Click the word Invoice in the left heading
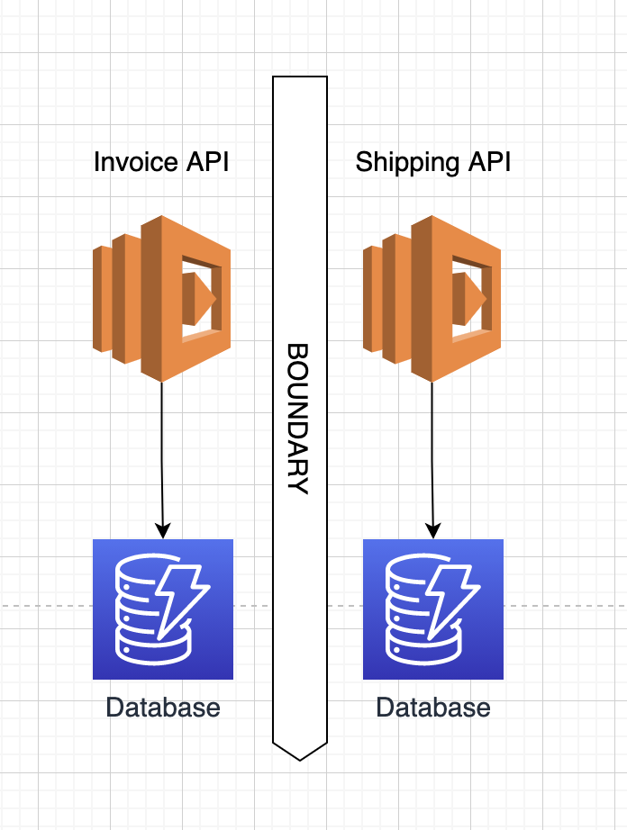point(135,162)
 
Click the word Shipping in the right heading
point(407,163)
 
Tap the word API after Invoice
point(207,162)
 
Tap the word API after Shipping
point(489,162)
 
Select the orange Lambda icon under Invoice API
point(161,299)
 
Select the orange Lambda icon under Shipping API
point(432,299)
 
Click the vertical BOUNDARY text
point(297,419)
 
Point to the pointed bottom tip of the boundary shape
point(300,760)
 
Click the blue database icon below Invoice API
point(163,609)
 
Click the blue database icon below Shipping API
point(433,609)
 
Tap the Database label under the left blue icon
point(163,708)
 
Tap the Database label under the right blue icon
point(433,708)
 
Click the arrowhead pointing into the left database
point(163,530)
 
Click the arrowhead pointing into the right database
point(433,530)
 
